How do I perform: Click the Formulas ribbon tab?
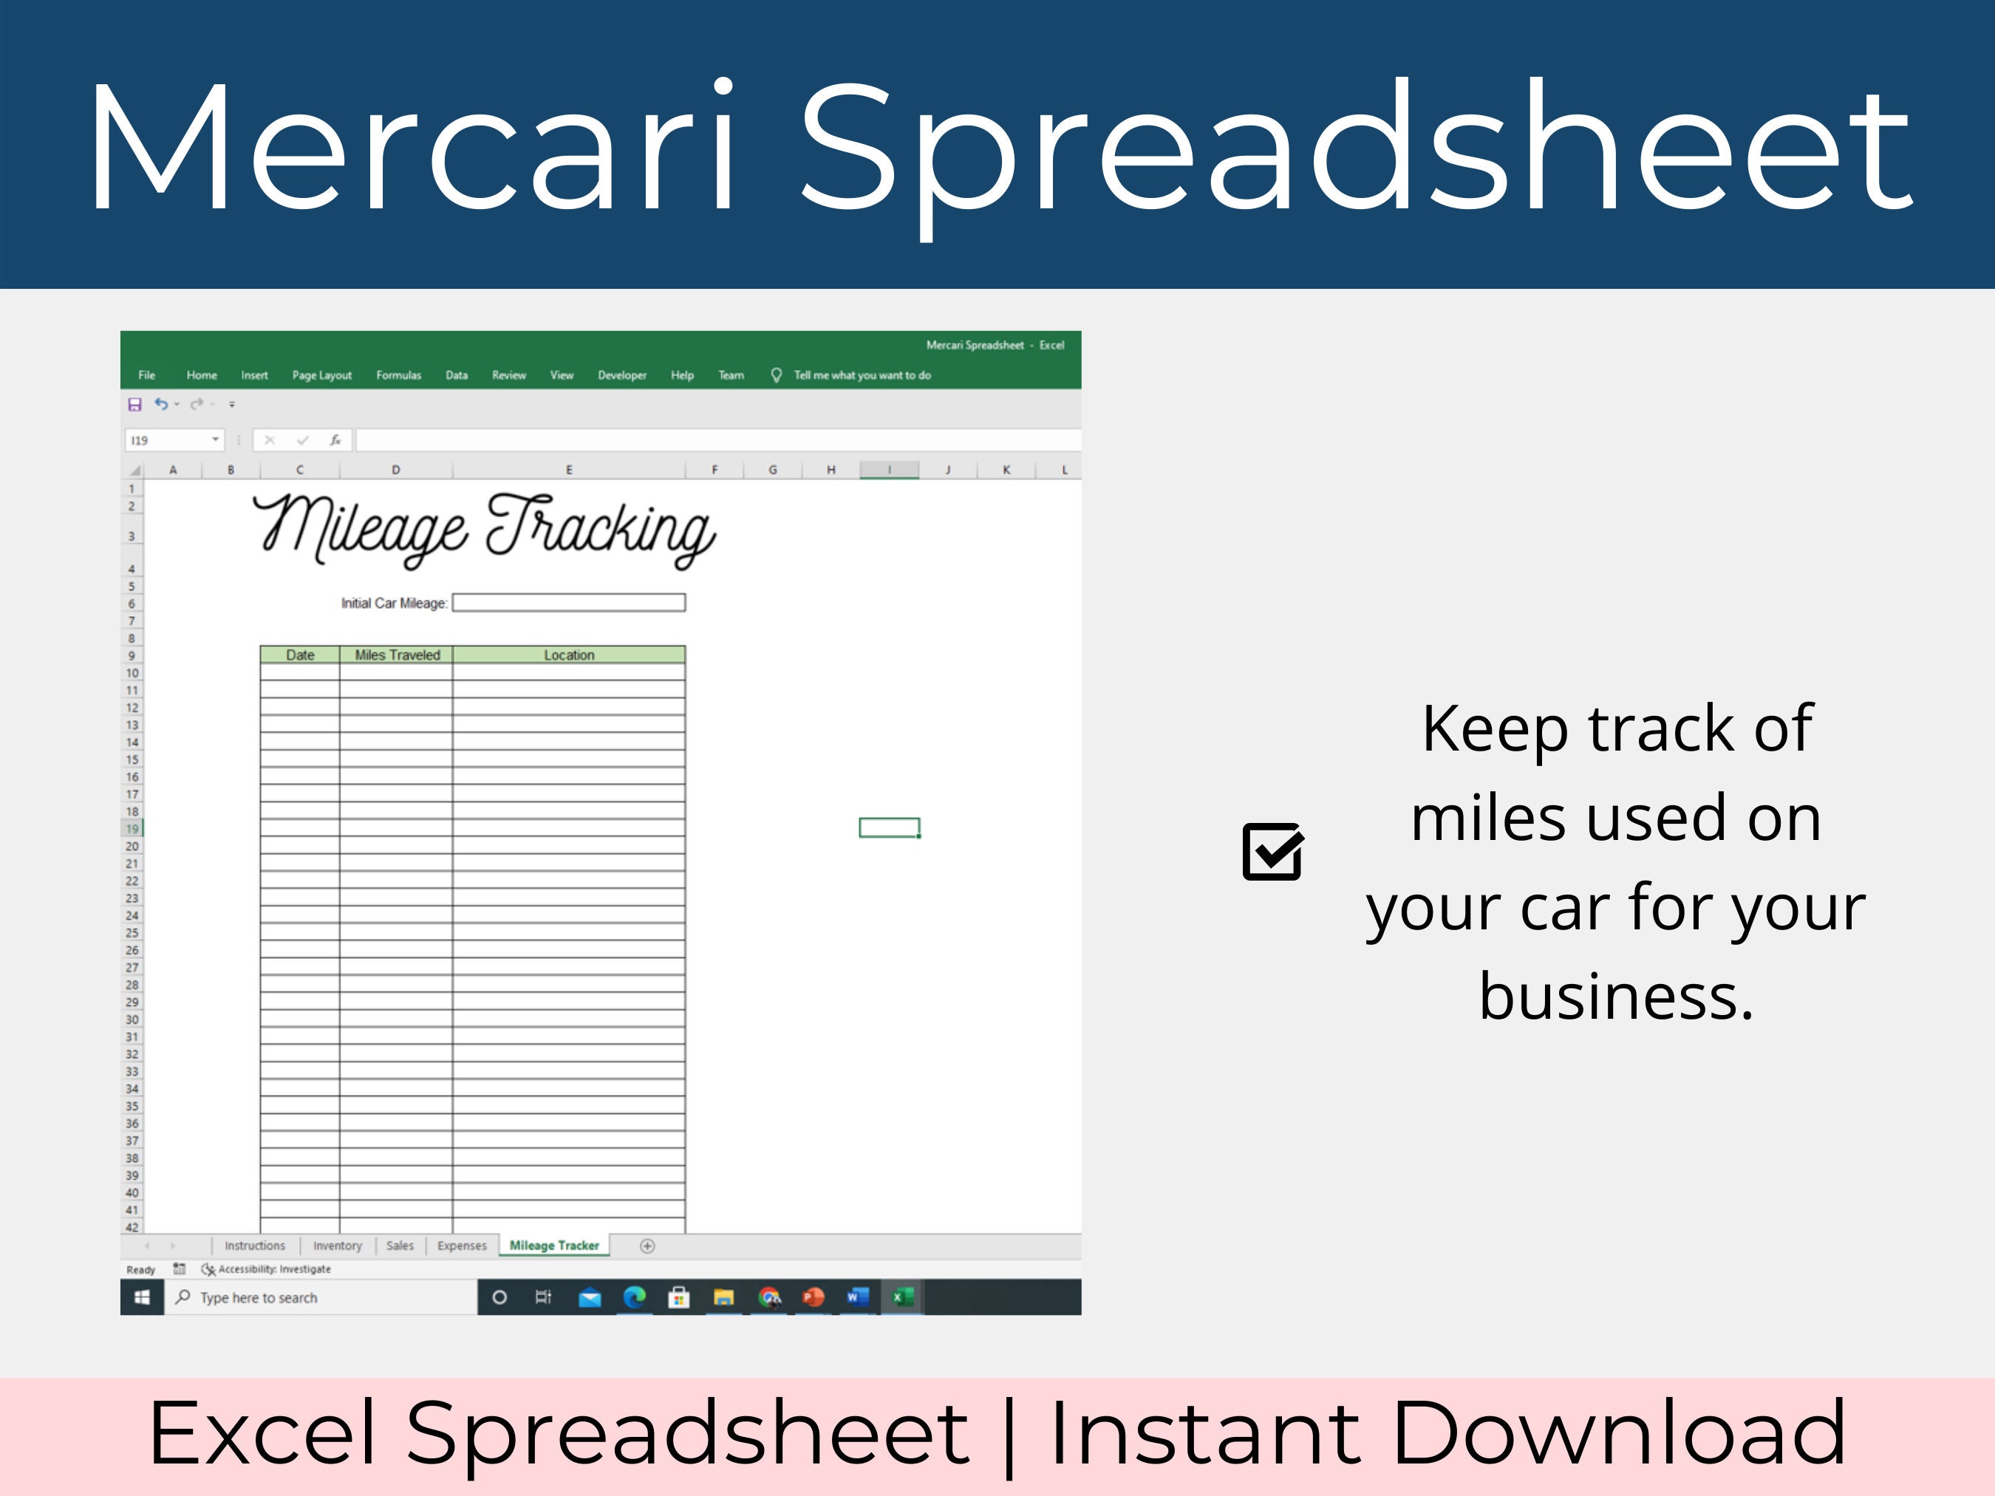point(398,375)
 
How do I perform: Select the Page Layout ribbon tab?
point(321,375)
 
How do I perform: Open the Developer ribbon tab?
point(621,375)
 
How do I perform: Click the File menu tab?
point(146,375)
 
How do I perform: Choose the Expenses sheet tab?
point(461,1246)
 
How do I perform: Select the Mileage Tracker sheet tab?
point(553,1246)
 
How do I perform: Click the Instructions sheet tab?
point(254,1246)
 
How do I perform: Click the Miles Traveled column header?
point(397,655)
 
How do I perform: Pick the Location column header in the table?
point(569,655)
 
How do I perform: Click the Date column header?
point(299,655)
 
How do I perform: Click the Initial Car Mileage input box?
point(568,602)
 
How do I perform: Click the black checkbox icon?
point(1272,851)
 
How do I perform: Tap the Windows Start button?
point(142,1297)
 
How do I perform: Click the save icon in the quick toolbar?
point(134,404)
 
